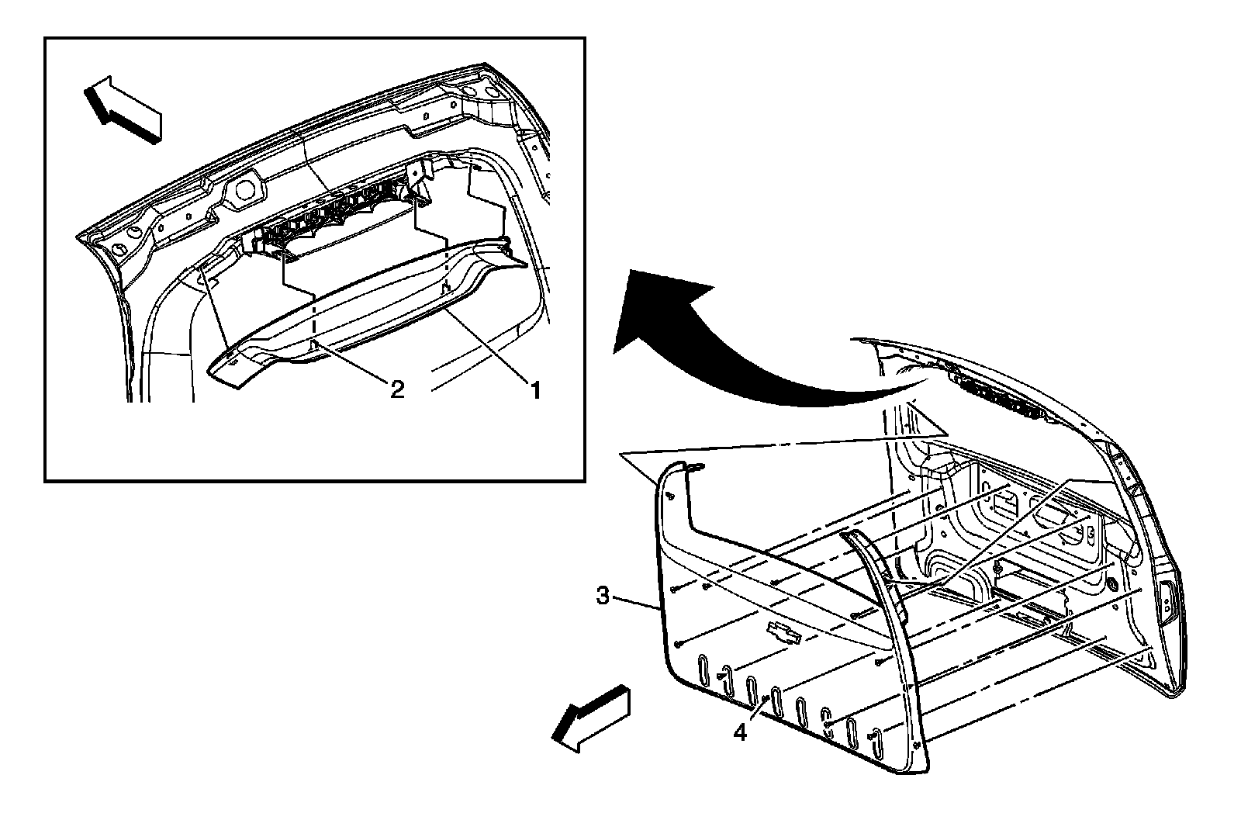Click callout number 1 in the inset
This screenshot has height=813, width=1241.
click(x=534, y=388)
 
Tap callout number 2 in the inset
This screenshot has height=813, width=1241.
click(x=396, y=388)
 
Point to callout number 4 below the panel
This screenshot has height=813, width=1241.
click(x=741, y=731)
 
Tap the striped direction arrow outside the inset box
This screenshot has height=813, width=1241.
click(x=591, y=718)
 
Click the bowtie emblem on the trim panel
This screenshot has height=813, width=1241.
click(x=783, y=632)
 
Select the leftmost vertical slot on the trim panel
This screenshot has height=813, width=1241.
click(x=703, y=670)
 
